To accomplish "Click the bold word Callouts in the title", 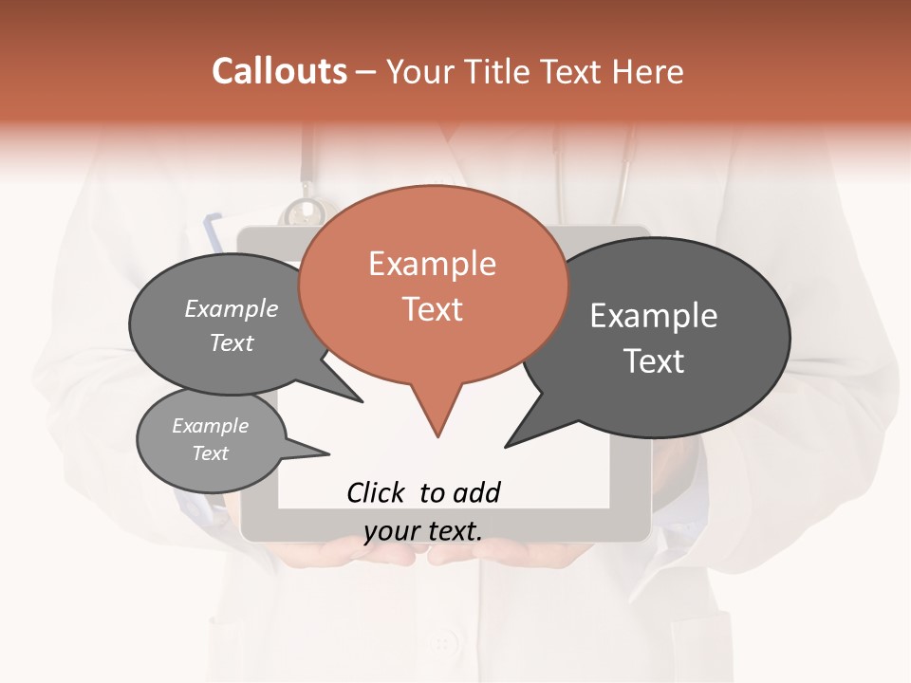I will tap(279, 71).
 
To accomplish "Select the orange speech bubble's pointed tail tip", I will tap(437, 436).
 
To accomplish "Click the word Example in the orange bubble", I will tap(432, 264).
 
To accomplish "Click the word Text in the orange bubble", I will tap(432, 309).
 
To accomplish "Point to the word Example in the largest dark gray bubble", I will tap(654, 316).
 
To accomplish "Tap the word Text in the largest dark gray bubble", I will tap(654, 361).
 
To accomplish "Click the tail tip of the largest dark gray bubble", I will tap(506, 446).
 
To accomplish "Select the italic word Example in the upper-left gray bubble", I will tap(232, 309).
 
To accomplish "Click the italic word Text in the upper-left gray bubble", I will tap(232, 343).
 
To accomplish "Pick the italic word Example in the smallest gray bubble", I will tap(211, 427).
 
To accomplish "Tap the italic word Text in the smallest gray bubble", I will tap(211, 453).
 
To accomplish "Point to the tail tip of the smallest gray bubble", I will tap(328, 453).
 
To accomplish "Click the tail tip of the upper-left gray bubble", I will tap(362, 401).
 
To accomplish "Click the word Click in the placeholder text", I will tap(376, 492).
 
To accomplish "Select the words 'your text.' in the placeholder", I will tap(423, 531).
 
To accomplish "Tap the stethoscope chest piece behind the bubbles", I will tap(306, 211).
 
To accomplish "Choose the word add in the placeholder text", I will tap(476, 492).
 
